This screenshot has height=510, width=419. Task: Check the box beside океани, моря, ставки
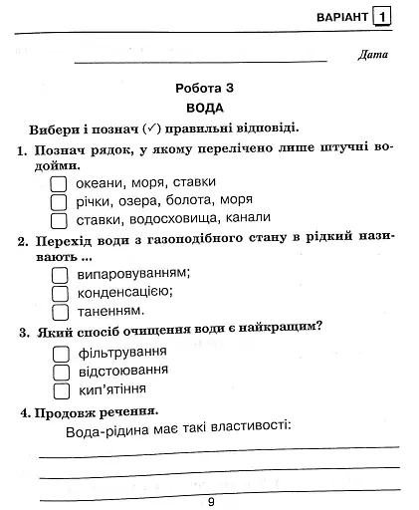59,183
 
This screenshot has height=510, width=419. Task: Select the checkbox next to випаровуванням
59,274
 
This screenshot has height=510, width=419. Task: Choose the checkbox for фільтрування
59,353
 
